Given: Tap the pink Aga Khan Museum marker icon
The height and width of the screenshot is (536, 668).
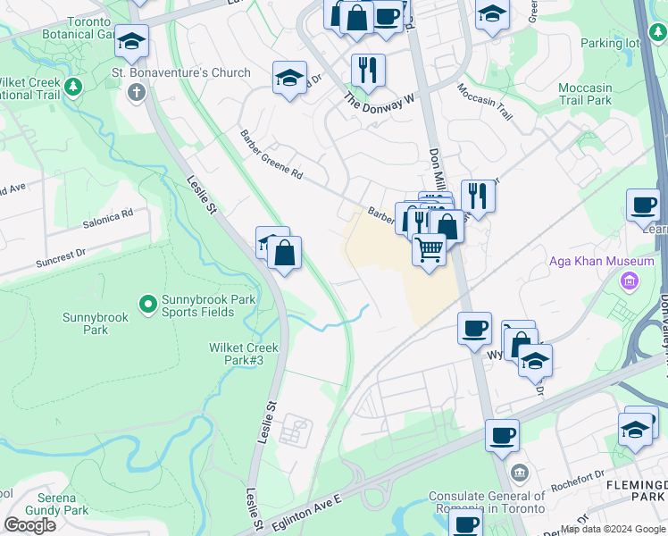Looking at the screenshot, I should [630, 281].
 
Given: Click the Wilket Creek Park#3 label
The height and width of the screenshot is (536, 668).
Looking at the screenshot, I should [244, 354].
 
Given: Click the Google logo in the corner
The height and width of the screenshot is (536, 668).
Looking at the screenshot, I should [29, 525].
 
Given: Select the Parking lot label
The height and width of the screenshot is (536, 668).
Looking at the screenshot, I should [610, 43].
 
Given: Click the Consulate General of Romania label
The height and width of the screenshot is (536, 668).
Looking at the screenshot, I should [487, 501].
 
